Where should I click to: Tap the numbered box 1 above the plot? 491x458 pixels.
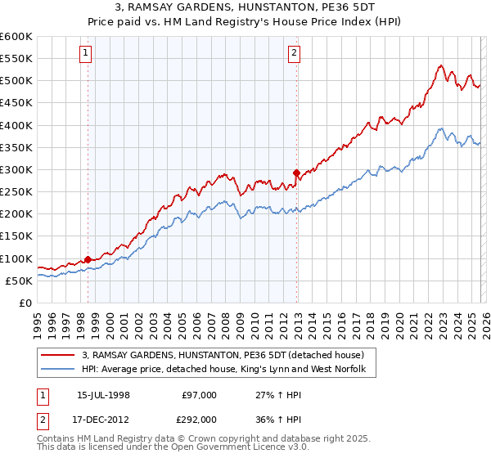tap(87, 54)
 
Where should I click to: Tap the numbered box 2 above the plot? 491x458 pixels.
tap(295, 54)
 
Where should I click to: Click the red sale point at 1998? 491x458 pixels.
tap(88, 259)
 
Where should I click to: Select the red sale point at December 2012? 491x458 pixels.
tap(296, 173)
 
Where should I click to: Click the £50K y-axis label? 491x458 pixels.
tap(18, 281)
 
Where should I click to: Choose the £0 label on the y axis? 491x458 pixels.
tap(25, 303)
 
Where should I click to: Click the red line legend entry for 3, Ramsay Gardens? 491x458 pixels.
tap(228, 355)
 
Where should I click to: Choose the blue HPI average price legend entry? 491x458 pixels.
tap(228, 370)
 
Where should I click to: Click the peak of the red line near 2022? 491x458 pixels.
tap(440, 65)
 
